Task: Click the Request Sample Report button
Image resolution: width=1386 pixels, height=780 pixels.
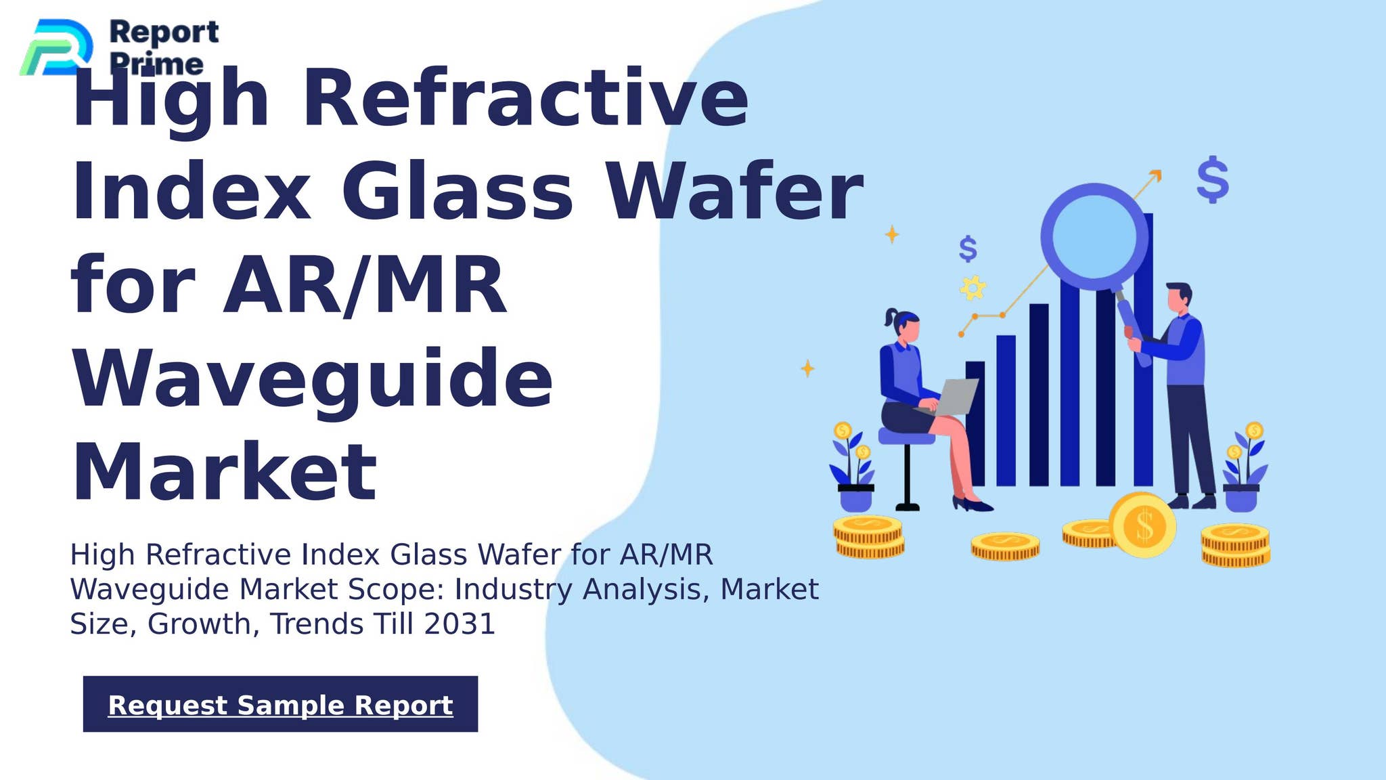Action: [280, 704]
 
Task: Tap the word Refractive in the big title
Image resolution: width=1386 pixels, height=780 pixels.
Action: [525, 97]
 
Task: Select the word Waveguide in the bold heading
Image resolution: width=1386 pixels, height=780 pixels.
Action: [312, 379]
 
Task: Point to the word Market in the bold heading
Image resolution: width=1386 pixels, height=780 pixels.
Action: [224, 472]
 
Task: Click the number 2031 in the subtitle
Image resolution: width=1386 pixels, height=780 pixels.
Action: [460, 624]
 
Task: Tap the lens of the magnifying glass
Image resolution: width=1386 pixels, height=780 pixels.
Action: [1094, 236]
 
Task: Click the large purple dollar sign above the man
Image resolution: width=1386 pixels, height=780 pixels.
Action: [1213, 179]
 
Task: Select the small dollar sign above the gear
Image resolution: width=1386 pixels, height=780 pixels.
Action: [968, 249]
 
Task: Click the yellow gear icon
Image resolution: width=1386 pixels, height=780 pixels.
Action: [973, 288]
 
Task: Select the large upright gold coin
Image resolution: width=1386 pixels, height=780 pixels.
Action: [1142, 525]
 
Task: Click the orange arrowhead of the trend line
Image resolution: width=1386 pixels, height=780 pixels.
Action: [1156, 175]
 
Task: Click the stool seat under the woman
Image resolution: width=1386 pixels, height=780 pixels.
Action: [906, 437]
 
